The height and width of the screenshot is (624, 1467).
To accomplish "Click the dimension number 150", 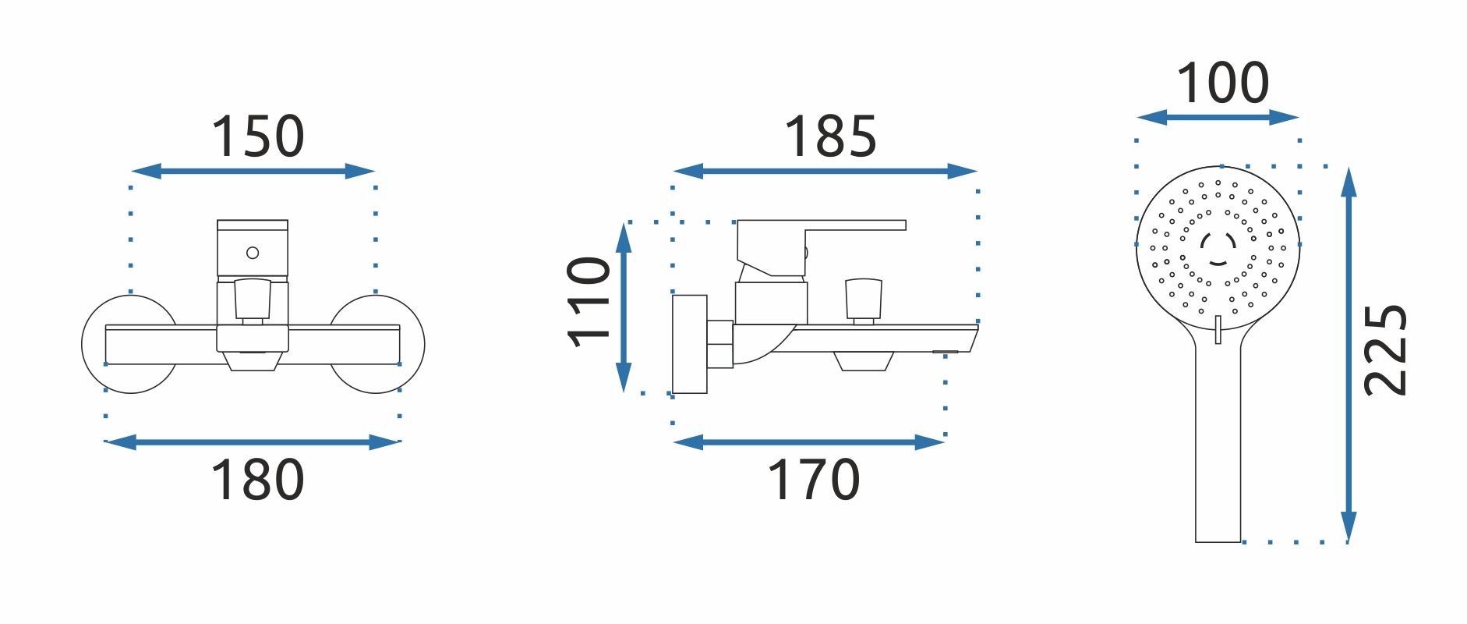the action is (257, 136).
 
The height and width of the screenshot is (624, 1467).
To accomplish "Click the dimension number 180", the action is (257, 480).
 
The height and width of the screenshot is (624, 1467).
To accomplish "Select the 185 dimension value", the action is (830, 136).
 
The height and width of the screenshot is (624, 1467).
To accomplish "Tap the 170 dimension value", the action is (814, 480).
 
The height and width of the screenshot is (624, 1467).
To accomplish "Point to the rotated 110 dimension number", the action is (589, 302).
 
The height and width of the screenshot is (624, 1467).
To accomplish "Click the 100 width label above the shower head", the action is (1222, 83).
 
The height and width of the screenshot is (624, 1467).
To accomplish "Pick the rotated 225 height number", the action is (1386, 350).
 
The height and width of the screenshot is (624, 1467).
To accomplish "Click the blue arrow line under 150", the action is (253, 171).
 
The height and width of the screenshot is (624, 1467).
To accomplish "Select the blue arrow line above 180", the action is (253, 442).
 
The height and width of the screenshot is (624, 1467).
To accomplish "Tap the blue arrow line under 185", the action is (825, 171).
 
